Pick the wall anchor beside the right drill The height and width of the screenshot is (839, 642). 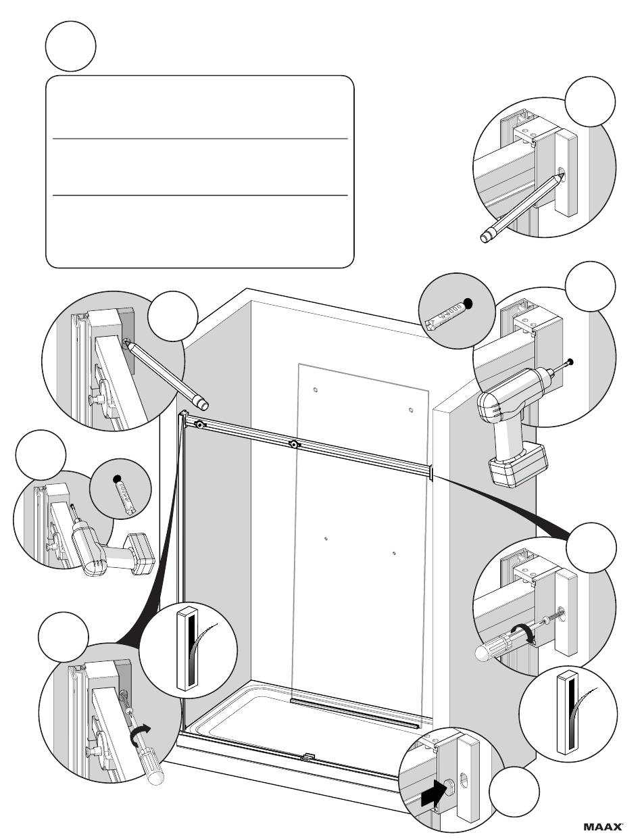445,313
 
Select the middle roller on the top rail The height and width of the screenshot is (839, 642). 294,445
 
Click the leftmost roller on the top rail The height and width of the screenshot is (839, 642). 200,425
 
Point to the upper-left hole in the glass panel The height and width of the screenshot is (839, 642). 316,390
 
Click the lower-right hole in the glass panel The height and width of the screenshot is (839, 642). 394,554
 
